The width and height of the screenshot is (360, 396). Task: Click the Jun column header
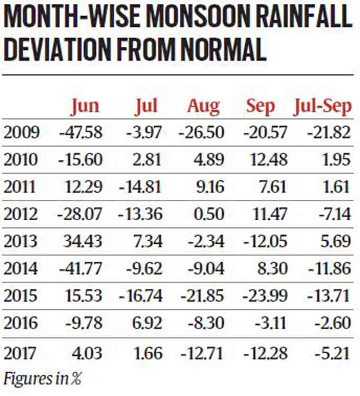coord(85,106)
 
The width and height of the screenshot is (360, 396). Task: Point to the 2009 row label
coord(21,132)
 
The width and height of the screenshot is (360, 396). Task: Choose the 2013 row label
coord(21,241)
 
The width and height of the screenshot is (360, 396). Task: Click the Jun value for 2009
coord(81,132)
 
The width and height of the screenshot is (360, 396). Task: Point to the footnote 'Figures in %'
coord(42,378)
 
